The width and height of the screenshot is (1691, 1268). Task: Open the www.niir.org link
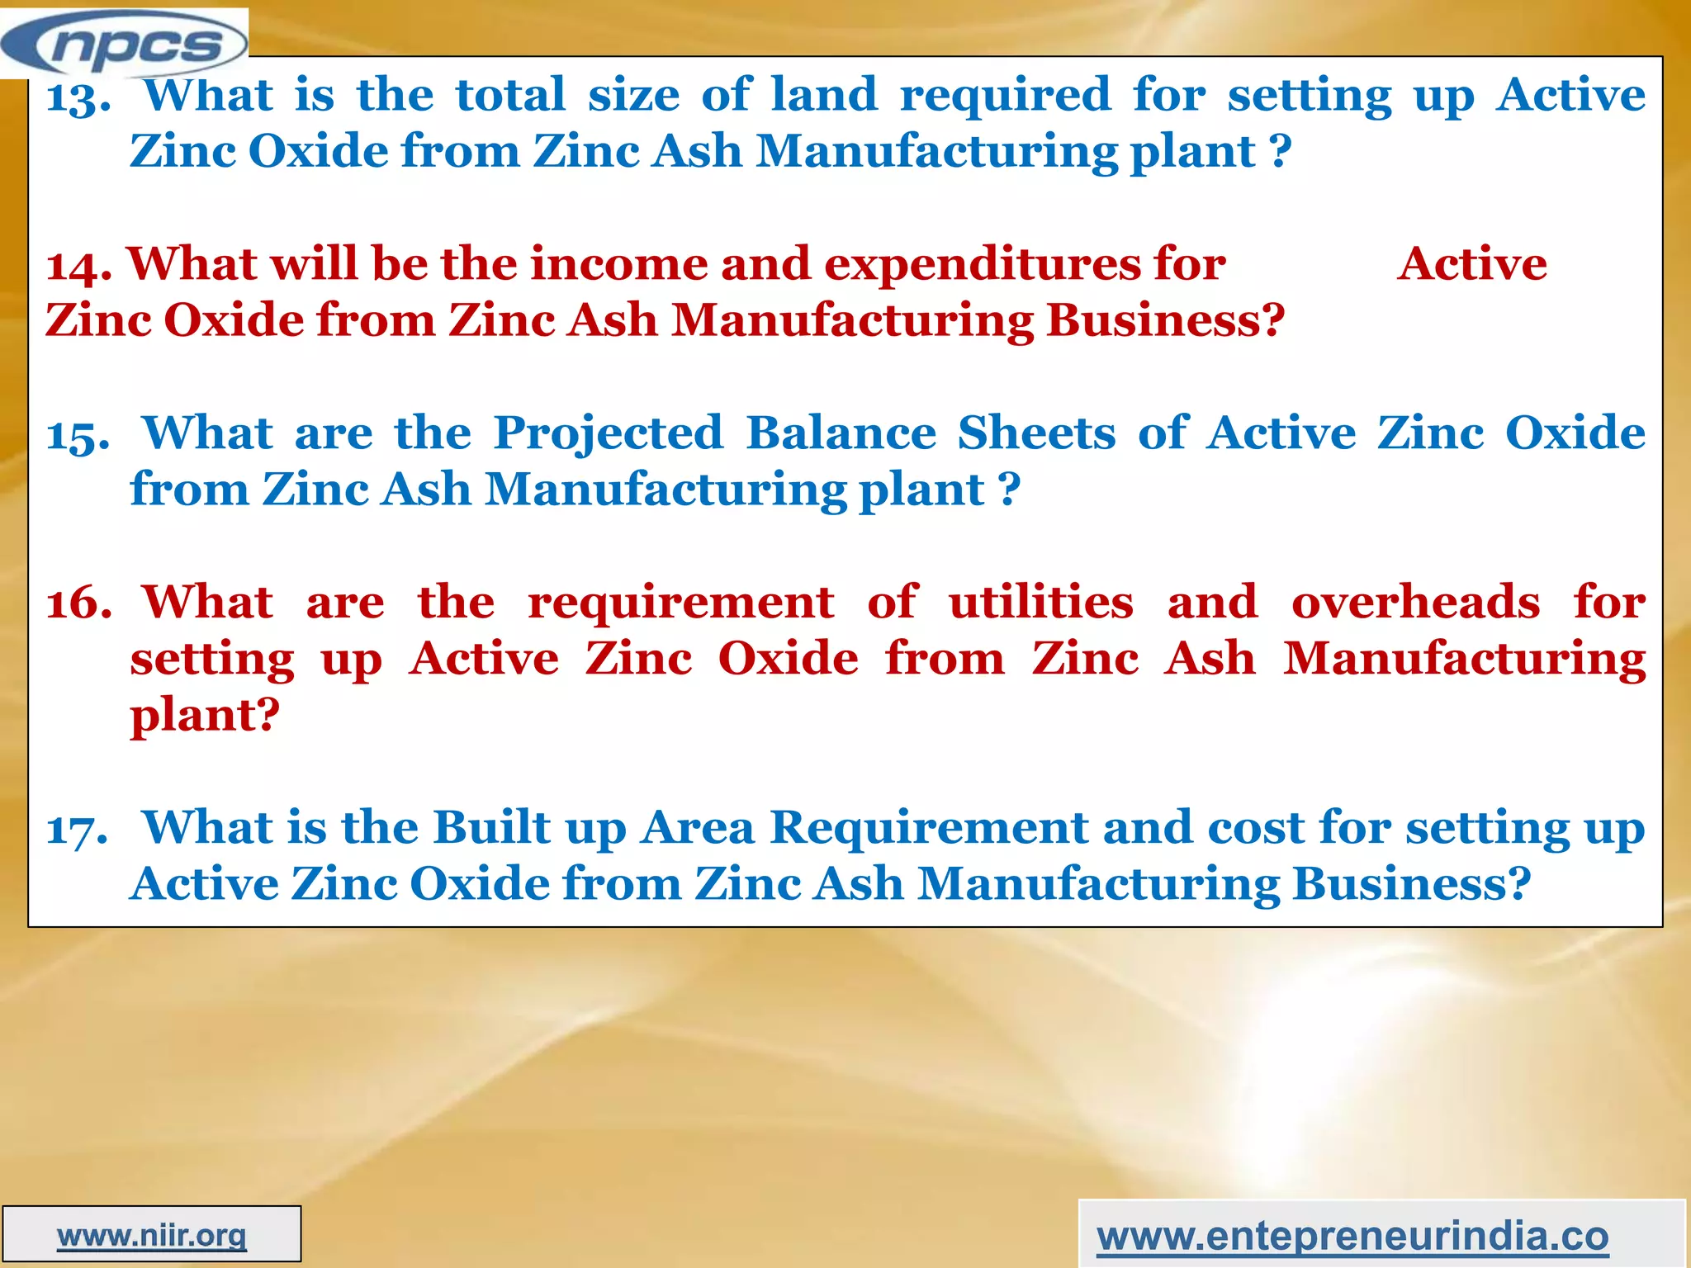click(x=152, y=1236)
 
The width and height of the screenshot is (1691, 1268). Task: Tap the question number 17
click(x=77, y=830)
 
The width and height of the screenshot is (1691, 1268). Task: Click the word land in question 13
click(x=823, y=94)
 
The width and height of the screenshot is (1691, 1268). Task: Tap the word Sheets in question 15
click(x=1036, y=433)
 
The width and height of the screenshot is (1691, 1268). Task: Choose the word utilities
click(x=1040, y=602)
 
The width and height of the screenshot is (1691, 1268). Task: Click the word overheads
click(x=1415, y=602)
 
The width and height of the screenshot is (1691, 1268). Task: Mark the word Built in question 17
click(x=492, y=827)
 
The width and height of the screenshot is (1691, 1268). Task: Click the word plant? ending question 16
click(x=205, y=716)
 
